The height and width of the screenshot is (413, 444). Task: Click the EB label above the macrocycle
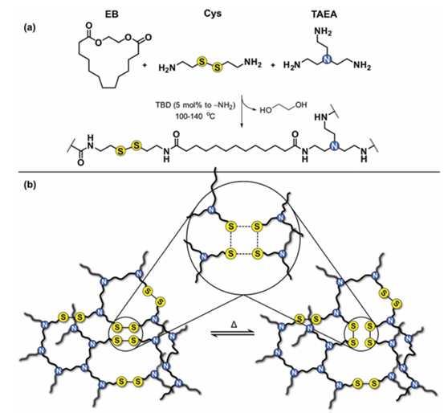[x=112, y=14]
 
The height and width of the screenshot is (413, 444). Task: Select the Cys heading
[x=213, y=14]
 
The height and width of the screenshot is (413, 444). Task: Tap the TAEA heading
[x=324, y=14]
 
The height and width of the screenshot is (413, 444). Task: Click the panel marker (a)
[x=30, y=27]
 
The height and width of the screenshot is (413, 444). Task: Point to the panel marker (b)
[x=30, y=185]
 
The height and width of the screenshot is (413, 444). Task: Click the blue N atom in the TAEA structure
[x=327, y=60]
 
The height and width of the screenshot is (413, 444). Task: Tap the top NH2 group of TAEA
[x=323, y=32]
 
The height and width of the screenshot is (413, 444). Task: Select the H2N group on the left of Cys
[x=167, y=67]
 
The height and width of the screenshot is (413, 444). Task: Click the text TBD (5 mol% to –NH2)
[x=195, y=105]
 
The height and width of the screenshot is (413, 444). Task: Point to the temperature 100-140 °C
[x=195, y=117]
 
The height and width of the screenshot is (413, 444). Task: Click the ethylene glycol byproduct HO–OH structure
[x=283, y=107]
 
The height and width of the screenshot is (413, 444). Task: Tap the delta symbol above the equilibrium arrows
[x=234, y=325]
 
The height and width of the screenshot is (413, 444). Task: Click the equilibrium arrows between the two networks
[x=233, y=333]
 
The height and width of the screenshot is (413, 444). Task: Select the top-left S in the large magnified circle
[x=231, y=227]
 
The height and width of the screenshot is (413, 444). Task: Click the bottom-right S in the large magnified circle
[x=257, y=253]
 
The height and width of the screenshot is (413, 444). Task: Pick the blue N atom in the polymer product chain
[x=335, y=146]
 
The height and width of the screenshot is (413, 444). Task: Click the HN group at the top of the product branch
[x=320, y=117]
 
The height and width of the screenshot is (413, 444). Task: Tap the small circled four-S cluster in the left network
[x=126, y=333]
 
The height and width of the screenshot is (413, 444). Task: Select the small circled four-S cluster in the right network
[x=361, y=334]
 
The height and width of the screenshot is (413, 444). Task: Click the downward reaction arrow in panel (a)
[x=242, y=112]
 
